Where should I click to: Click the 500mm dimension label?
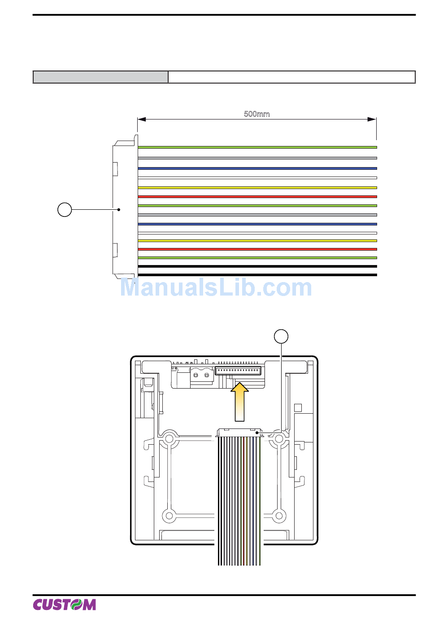point(256,114)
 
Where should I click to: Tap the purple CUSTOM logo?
point(65,605)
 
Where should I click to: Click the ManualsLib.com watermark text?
point(216,287)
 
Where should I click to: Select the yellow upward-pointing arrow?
point(239,402)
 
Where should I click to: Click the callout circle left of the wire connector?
point(65,209)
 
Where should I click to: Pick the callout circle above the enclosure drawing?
point(281,336)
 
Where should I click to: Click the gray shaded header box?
point(100,77)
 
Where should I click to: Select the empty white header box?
point(291,77)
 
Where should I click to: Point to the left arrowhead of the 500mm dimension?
point(142,119)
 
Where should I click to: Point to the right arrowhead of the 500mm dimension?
point(372,119)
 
